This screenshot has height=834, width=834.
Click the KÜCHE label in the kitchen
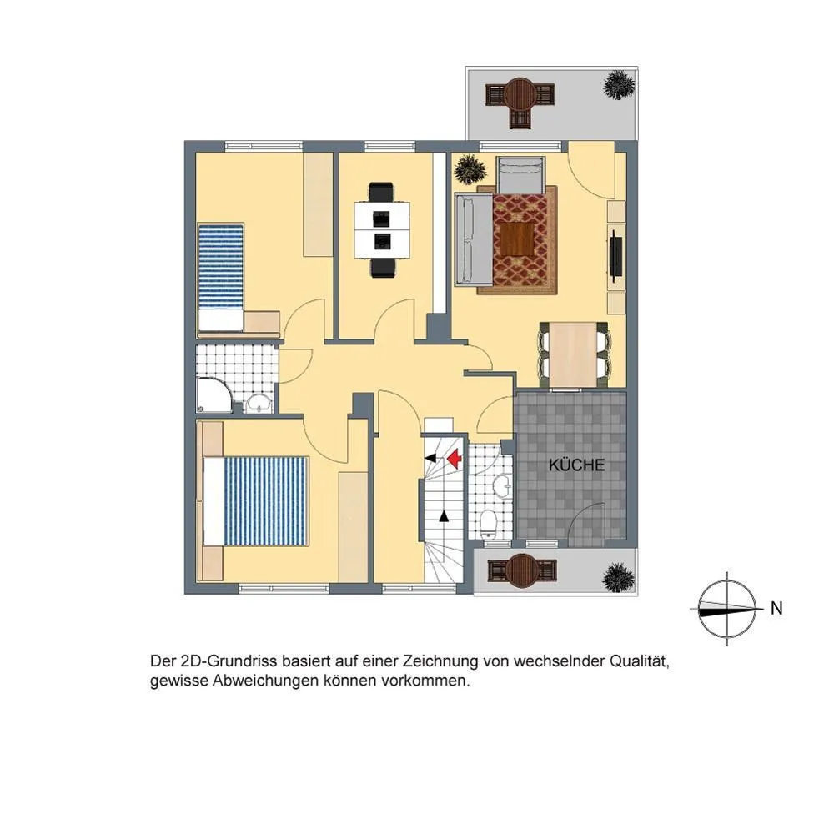click(576, 465)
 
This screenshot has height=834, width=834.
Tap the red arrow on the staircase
click(454, 459)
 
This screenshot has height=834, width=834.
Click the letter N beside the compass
click(776, 608)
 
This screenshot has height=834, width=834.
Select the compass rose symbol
click(726, 609)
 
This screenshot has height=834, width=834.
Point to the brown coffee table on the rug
click(518, 239)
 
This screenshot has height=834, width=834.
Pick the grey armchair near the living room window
click(520, 175)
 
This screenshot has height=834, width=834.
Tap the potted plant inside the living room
click(470, 169)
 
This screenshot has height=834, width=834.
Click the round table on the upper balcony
click(521, 95)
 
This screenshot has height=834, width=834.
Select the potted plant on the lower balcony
click(619, 578)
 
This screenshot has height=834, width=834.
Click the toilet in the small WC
click(488, 525)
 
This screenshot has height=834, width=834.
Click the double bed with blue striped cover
click(255, 501)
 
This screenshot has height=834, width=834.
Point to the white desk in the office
click(383, 229)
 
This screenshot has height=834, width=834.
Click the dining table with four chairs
click(574, 354)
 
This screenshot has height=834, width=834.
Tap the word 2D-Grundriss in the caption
click(229, 661)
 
